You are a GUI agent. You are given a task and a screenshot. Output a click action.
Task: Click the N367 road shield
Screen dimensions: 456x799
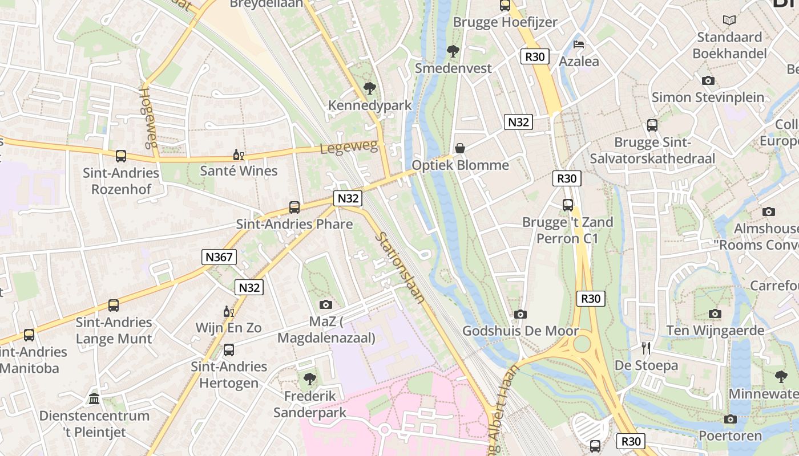click(219, 257)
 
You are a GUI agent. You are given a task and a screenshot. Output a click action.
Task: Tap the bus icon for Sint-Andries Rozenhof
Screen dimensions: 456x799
click(121, 156)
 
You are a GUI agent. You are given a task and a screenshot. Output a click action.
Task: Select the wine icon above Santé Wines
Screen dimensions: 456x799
click(238, 154)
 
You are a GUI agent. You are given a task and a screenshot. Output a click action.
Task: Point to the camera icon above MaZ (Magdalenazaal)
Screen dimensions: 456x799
click(326, 304)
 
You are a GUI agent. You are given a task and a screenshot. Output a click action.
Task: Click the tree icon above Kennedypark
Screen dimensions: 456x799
click(369, 88)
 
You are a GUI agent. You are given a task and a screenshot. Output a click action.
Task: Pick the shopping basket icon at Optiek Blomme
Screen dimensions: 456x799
click(460, 148)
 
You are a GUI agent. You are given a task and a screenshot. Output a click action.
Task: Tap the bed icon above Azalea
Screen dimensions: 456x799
click(579, 44)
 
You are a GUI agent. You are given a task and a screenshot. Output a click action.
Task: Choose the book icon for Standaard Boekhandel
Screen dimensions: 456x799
click(729, 21)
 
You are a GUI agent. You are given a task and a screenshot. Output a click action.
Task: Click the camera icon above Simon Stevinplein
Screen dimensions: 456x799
click(708, 80)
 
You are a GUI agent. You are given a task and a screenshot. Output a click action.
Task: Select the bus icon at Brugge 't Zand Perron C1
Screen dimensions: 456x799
click(568, 205)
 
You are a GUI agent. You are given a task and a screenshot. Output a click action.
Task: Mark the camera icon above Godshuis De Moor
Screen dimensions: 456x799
click(520, 314)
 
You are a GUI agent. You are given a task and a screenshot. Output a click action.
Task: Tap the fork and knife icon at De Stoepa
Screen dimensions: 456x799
click(646, 348)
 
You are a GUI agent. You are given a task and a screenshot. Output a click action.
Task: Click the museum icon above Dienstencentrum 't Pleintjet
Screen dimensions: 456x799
click(94, 398)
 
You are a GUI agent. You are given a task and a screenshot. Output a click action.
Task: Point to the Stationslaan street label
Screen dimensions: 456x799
click(400, 267)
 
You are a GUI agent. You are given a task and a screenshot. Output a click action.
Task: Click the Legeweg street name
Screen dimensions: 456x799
click(349, 148)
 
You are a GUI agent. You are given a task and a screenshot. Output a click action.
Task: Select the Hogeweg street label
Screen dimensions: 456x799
click(148, 117)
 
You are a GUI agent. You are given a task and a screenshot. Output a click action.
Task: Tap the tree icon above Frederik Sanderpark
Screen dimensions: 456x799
click(310, 378)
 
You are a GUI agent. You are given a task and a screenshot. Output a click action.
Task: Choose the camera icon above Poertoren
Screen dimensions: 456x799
click(730, 419)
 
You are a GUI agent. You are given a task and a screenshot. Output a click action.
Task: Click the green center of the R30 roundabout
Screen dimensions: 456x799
click(582, 344)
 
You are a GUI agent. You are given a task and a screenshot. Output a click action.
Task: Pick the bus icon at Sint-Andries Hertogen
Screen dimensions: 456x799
click(229, 349)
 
